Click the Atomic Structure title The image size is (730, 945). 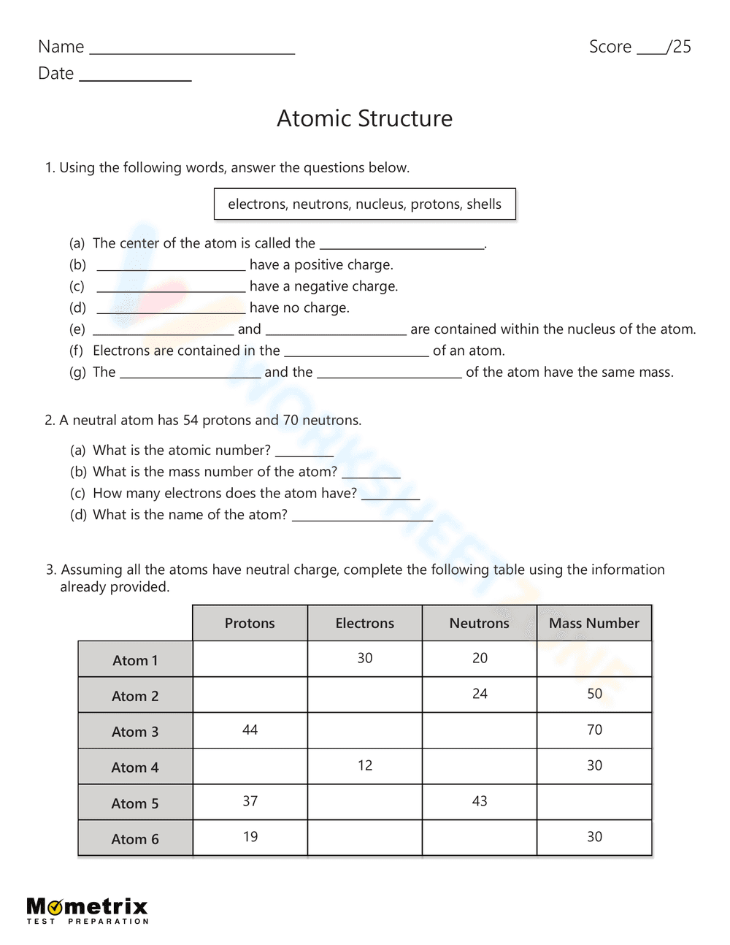tap(364, 118)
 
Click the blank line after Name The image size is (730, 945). tap(192, 50)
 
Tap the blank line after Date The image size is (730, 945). tap(135, 77)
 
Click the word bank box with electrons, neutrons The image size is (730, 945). tap(364, 204)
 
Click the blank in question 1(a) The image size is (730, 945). tap(402, 245)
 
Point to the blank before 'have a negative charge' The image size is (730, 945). tap(171, 288)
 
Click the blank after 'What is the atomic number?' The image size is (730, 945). tap(304, 453)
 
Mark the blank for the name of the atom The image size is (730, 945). tap(362, 517)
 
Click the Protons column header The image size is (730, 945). tap(250, 623)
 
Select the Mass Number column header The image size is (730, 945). tap(593, 623)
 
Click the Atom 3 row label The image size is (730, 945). tap(135, 731)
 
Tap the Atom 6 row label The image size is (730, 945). tap(135, 838)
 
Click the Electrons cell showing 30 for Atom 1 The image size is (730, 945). tap(364, 658)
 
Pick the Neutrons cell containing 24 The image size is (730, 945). tap(479, 694)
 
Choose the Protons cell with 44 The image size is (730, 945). tap(250, 730)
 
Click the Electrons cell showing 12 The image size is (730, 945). tap(364, 765)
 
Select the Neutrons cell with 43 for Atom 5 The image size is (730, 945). tap(479, 801)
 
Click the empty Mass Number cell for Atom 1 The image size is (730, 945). tap(593, 658)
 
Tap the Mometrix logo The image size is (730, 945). tap(87, 910)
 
